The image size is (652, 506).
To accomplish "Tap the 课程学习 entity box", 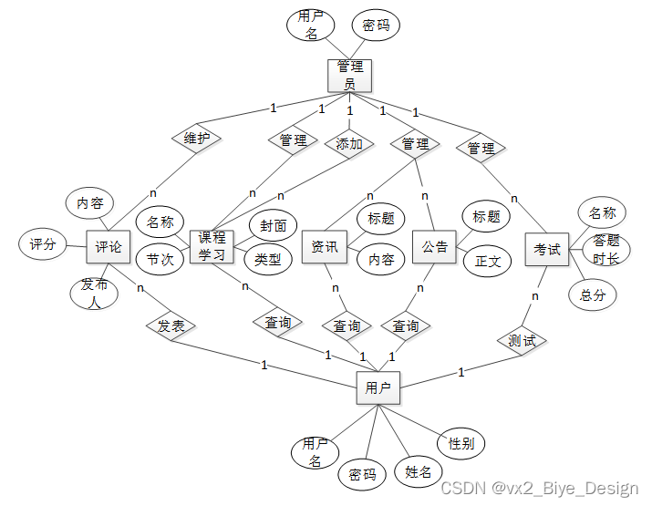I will tap(212, 246).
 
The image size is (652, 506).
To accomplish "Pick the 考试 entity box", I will tap(547, 249).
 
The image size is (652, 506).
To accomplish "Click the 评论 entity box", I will tap(109, 246).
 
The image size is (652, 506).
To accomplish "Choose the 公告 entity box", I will tap(434, 246).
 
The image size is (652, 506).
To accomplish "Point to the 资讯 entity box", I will tap(324, 246).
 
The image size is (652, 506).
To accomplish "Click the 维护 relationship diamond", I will tap(197, 139).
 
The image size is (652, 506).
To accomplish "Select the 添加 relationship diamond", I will tap(349, 143).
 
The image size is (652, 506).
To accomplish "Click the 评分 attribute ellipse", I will tap(43, 244).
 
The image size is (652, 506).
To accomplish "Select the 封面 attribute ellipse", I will tap(273, 226).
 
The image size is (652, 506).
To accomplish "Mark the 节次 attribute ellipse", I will tap(160, 259).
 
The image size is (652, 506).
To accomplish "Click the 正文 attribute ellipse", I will tap(487, 261).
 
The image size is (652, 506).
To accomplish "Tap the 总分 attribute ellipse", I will tap(592, 294).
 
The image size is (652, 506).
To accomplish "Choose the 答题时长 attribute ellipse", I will tap(605, 249).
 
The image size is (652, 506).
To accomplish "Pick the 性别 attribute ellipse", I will tap(461, 443).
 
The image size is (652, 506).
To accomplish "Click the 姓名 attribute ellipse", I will tap(418, 471).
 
